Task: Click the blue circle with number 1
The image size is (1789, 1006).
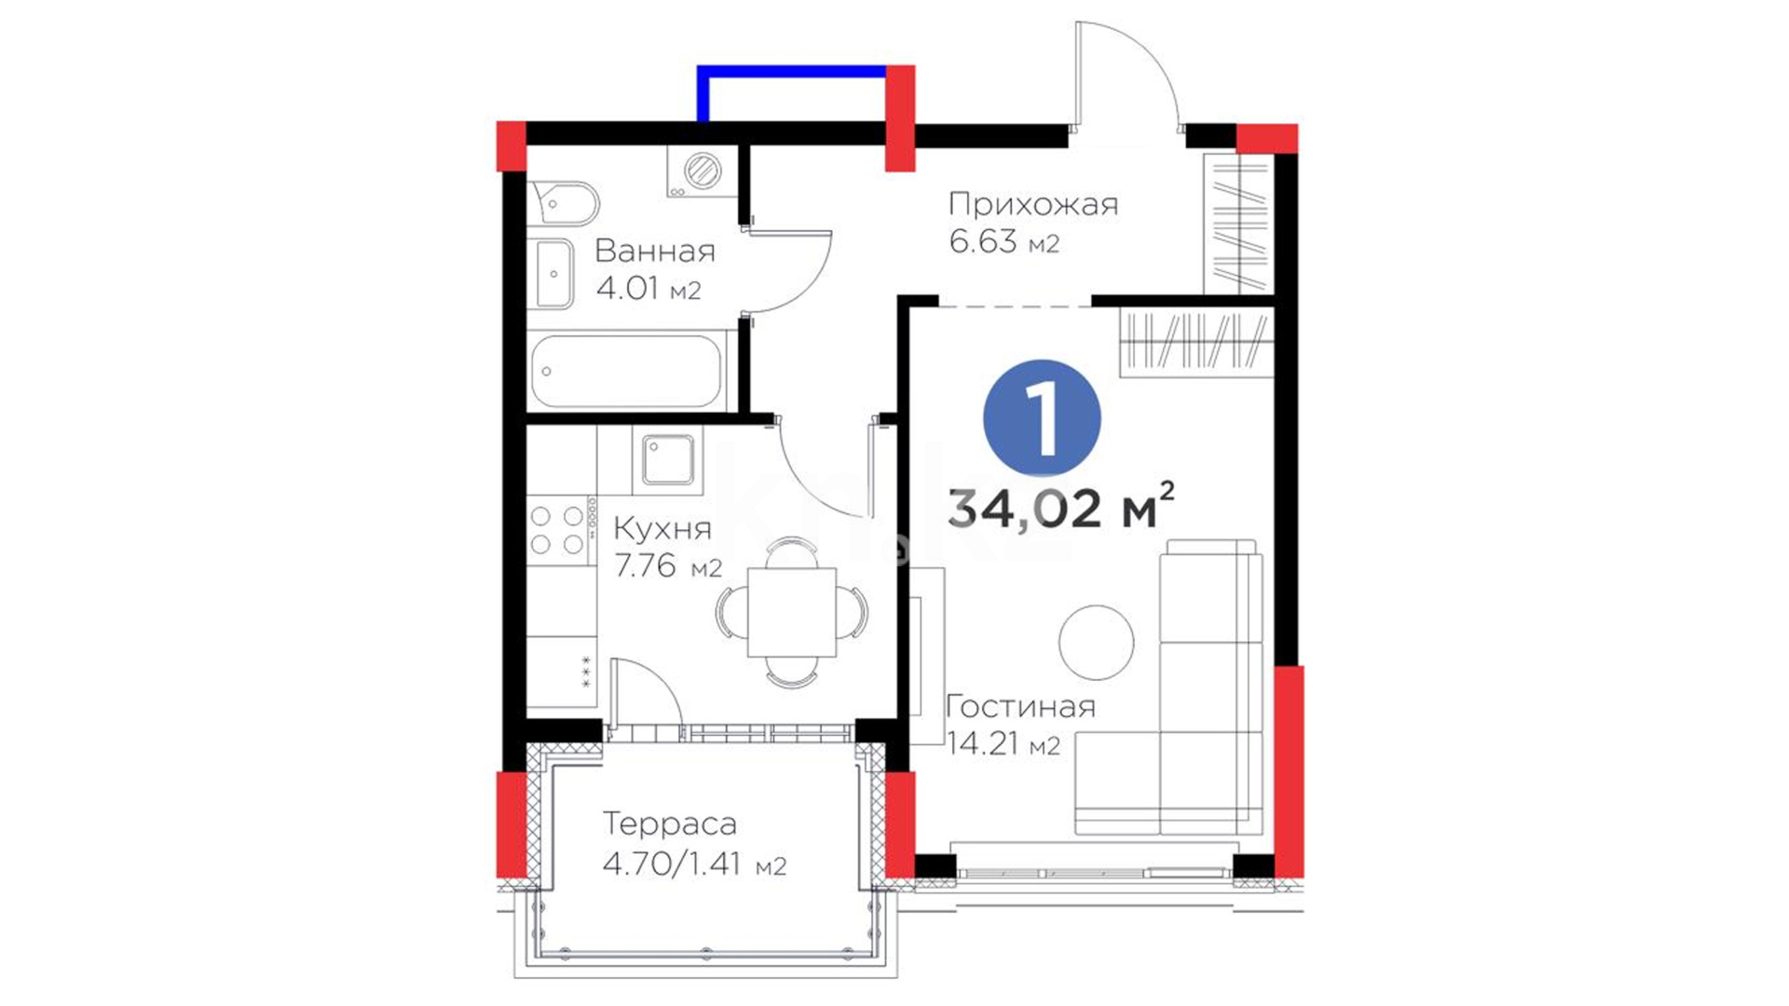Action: [1042, 418]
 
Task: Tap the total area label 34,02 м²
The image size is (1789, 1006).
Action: [1060, 507]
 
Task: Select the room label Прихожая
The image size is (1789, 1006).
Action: [1033, 204]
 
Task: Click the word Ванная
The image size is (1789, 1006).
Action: [655, 251]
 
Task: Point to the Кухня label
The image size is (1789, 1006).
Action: [662, 529]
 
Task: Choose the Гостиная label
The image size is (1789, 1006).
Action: [1021, 706]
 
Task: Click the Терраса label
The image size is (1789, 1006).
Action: [670, 823]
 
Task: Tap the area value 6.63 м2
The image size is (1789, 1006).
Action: [1004, 242]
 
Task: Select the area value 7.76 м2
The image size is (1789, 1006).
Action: [668, 565]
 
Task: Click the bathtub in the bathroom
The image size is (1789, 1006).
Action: [626, 371]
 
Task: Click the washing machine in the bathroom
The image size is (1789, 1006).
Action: [703, 171]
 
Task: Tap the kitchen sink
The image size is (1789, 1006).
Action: [668, 460]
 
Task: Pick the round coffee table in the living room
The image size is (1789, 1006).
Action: [1097, 642]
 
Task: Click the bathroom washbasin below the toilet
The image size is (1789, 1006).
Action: [553, 274]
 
